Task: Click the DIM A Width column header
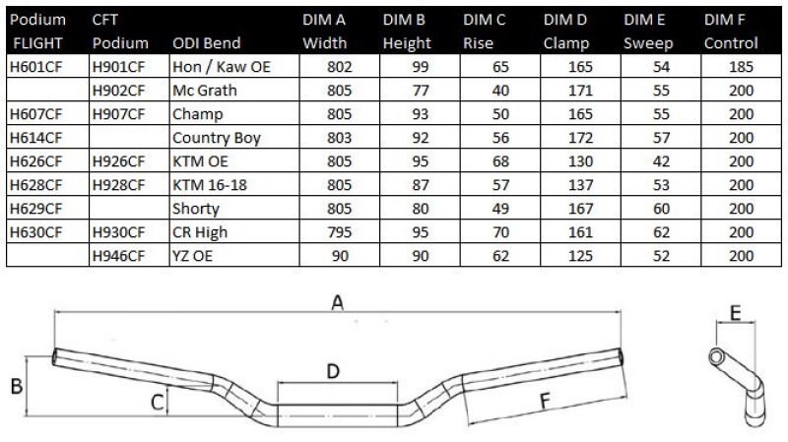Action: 324,32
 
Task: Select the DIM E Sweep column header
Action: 648,32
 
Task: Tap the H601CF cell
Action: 35,67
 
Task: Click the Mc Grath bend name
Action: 205,91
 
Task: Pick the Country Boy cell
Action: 217,138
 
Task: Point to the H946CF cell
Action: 118,256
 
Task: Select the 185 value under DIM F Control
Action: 741,67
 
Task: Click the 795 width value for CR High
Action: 339,232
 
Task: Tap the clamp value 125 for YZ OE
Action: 580,256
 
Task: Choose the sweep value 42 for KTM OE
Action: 661,161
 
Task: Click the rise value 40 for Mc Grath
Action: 500,91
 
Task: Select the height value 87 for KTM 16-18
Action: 421,185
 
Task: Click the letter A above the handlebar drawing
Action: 338,302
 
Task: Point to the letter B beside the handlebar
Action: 17,386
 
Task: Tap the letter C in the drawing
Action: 158,403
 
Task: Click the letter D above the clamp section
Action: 333,372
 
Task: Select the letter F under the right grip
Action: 545,401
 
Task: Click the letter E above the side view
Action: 735,313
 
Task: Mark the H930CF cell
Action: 118,232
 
